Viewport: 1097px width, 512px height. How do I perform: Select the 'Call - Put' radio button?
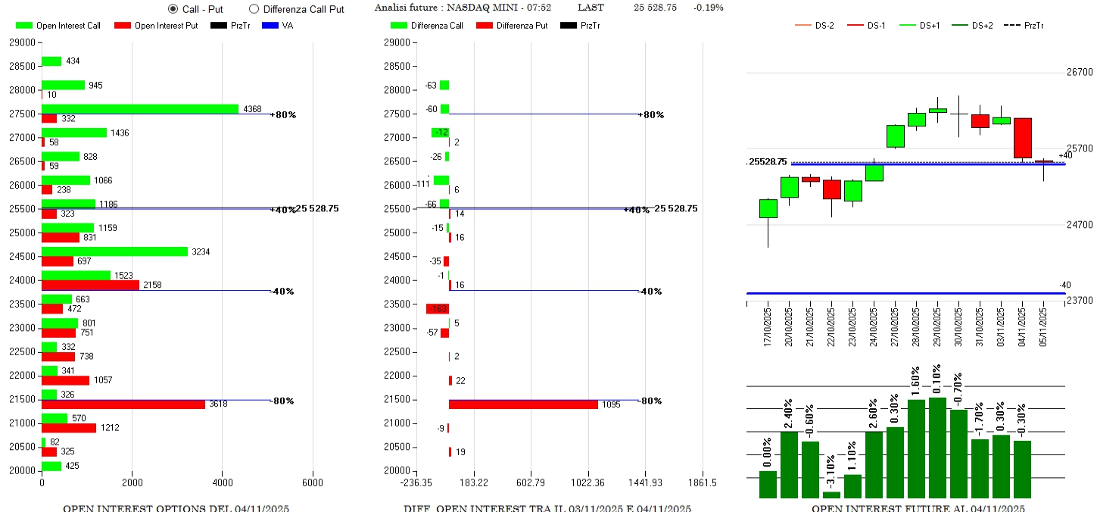click(x=173, y=9)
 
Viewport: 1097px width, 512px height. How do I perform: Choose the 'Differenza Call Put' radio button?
click(x=254, y=9)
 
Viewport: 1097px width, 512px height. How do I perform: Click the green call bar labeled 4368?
click(x=140, y=109)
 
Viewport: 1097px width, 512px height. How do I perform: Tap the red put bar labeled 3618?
click(x=123, y=404)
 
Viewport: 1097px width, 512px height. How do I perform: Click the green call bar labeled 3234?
click(x=114, y=251)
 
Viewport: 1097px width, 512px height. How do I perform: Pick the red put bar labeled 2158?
click(x=90, y=285)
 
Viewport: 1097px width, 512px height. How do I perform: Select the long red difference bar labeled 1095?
click(x=523, y=404)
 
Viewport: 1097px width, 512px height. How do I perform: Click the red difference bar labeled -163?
click(x=438, y=309)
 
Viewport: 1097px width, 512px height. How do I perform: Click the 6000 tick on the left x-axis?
click(x=312, y=482)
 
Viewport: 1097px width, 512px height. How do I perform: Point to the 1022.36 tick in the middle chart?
click(x=587, y=482)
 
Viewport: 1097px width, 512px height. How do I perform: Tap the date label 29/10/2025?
click(x=938, y=325)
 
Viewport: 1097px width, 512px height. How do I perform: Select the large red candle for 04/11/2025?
click(x=1023, y=138)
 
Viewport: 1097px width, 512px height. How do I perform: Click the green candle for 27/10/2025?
click(x=896, y=136)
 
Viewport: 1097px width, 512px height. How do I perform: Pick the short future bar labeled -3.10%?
click(x=810, y=495)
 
